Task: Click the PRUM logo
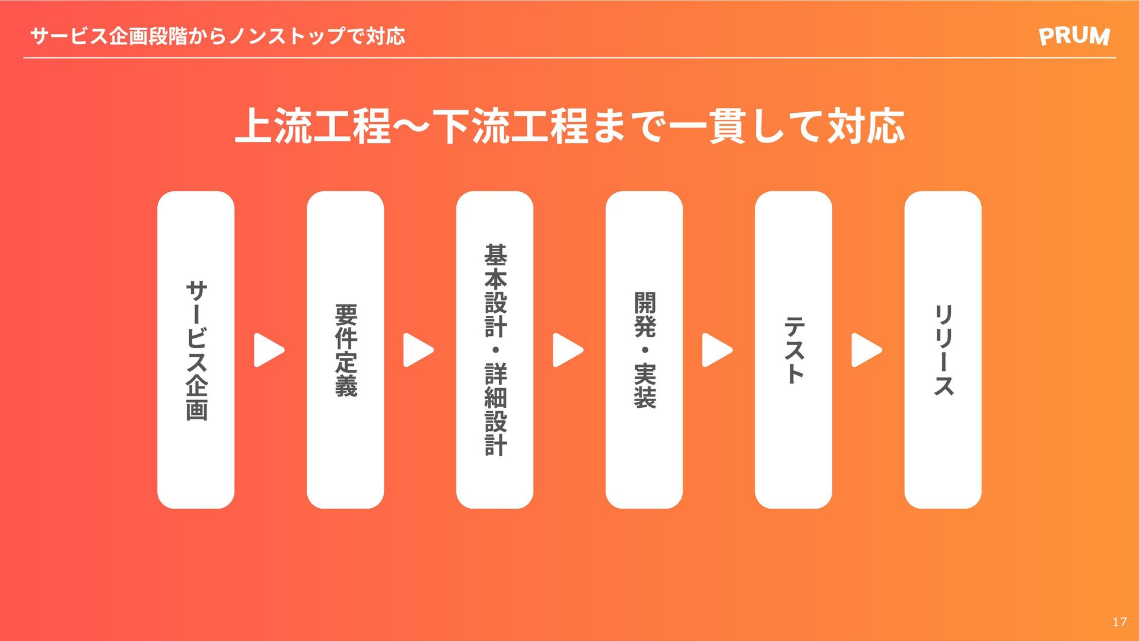[1074, 36]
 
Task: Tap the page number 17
[1119, 622]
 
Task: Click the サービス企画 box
[196, 350]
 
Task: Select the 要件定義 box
[345, 350]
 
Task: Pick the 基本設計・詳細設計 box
[495, 350]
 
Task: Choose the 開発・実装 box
[644, 350]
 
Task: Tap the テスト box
[794, 350]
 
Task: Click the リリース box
[943, 350]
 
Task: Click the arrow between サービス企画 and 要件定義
[269, 350]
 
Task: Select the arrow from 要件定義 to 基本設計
[418, 350]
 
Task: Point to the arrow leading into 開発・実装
[568, 350]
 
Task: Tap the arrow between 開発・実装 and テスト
[717, 350]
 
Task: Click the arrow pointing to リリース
[867, 350]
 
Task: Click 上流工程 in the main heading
[313, 126]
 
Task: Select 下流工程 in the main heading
[511, 126]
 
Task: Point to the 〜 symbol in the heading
[413, 126]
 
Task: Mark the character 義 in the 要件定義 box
[346, 386]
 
